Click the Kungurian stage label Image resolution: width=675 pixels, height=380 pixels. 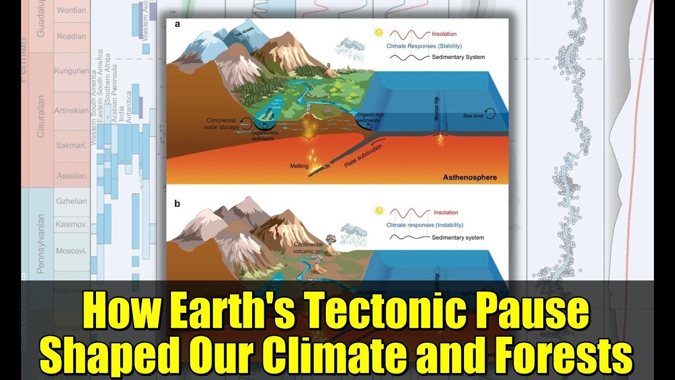[71, 71]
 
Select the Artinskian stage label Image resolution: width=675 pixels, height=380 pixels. [71, 111]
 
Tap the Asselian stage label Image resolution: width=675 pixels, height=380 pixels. [71, 176]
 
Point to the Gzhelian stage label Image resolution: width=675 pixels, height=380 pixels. [71, 201]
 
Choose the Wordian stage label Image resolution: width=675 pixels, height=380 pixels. [71, 11]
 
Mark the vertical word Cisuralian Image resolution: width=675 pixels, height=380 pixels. [41, 116]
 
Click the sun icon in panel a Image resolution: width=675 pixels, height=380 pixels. [378, 33]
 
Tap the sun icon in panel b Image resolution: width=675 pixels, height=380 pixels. [378, 211]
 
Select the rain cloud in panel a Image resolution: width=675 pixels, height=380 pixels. [352, 46]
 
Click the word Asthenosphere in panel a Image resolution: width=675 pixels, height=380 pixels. [470, 177]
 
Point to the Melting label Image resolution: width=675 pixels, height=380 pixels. [299, 166]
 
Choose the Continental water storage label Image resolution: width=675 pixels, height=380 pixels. [220, 123]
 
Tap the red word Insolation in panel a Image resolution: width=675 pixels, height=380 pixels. [444, 34]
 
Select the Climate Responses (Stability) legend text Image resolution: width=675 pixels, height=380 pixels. [424, 46]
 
